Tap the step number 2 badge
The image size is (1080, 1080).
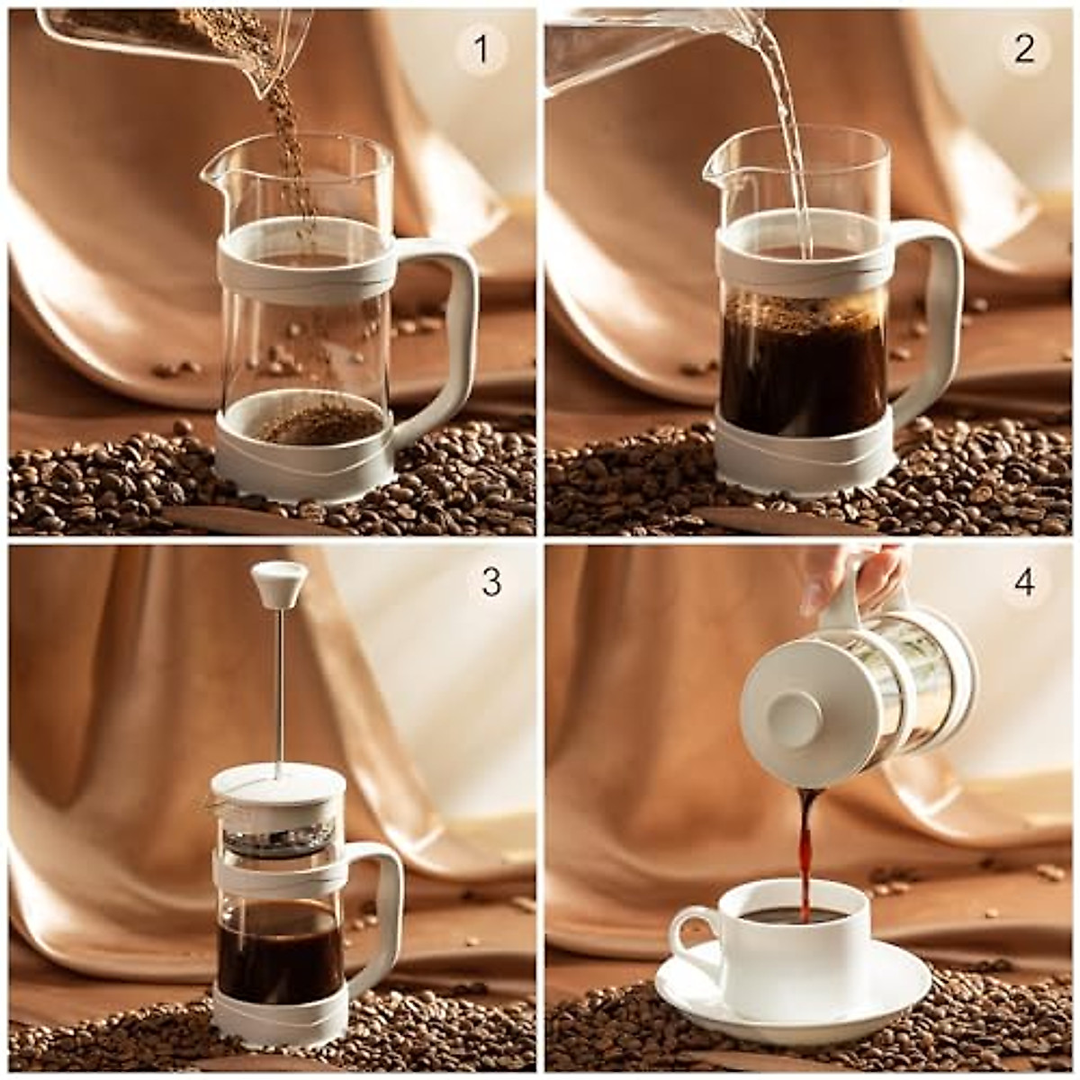[x=1024, y=49]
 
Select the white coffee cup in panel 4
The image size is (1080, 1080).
[x=792, y=945]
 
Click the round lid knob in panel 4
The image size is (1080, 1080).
[x=796, y=720]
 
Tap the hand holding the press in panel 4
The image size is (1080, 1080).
[x=864, y=576]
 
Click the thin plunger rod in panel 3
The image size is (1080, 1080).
[x=279, y=684]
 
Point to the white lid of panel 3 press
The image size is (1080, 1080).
[x=279, y=785]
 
